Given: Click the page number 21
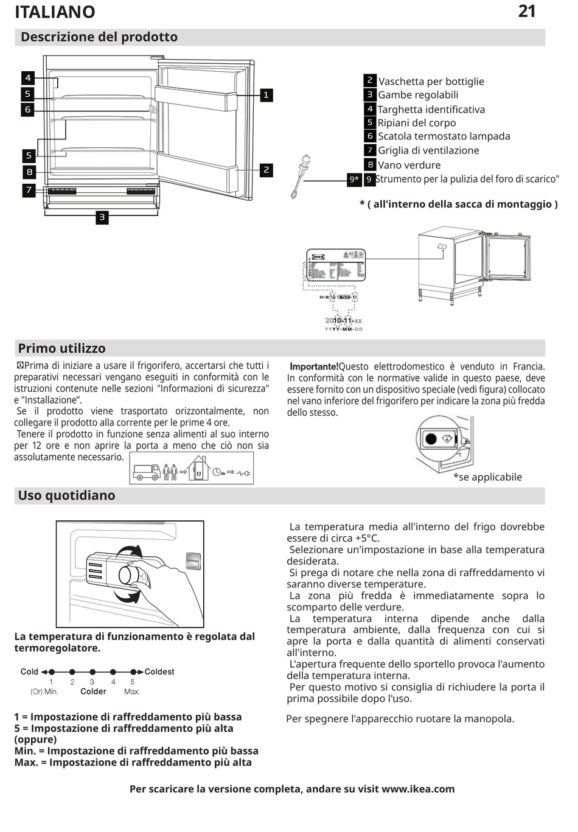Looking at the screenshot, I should (x=526, y=12).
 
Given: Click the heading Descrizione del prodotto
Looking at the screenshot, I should (x=99, y=37).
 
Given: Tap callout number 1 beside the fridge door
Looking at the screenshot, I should (x=266, y=95).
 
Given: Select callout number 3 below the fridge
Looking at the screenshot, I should (x=102, y=217).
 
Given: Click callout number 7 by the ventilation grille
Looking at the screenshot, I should (x=29, y=190).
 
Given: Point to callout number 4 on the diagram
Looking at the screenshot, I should (x=28, y=78).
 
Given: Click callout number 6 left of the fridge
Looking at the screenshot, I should (x=28, y=110).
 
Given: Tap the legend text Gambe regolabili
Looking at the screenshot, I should (x=418, y=95).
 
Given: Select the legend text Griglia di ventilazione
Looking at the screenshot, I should (x=428, y=150).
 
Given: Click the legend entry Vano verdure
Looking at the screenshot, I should (x=409, y=165).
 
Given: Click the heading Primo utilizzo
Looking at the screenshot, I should (x=61, y=349).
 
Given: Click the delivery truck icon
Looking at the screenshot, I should (x=147, y=472).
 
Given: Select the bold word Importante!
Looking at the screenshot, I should (x=314, y=366).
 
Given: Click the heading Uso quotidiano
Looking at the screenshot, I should (x=66, y=495).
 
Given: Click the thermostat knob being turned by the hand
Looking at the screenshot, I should (x=129, y=574).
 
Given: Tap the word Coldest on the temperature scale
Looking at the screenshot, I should (x=159, y=672).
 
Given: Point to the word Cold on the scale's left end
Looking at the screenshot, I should (x=29, y=672).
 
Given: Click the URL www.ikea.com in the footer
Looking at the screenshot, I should (x=418, y=789).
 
